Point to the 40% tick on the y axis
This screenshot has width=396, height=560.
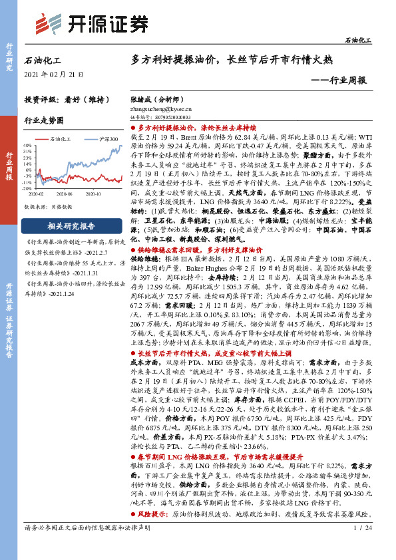click(26, 144)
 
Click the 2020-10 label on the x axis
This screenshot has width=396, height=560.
click(94, 194)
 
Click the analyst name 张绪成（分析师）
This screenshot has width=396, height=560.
click(156, 98)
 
